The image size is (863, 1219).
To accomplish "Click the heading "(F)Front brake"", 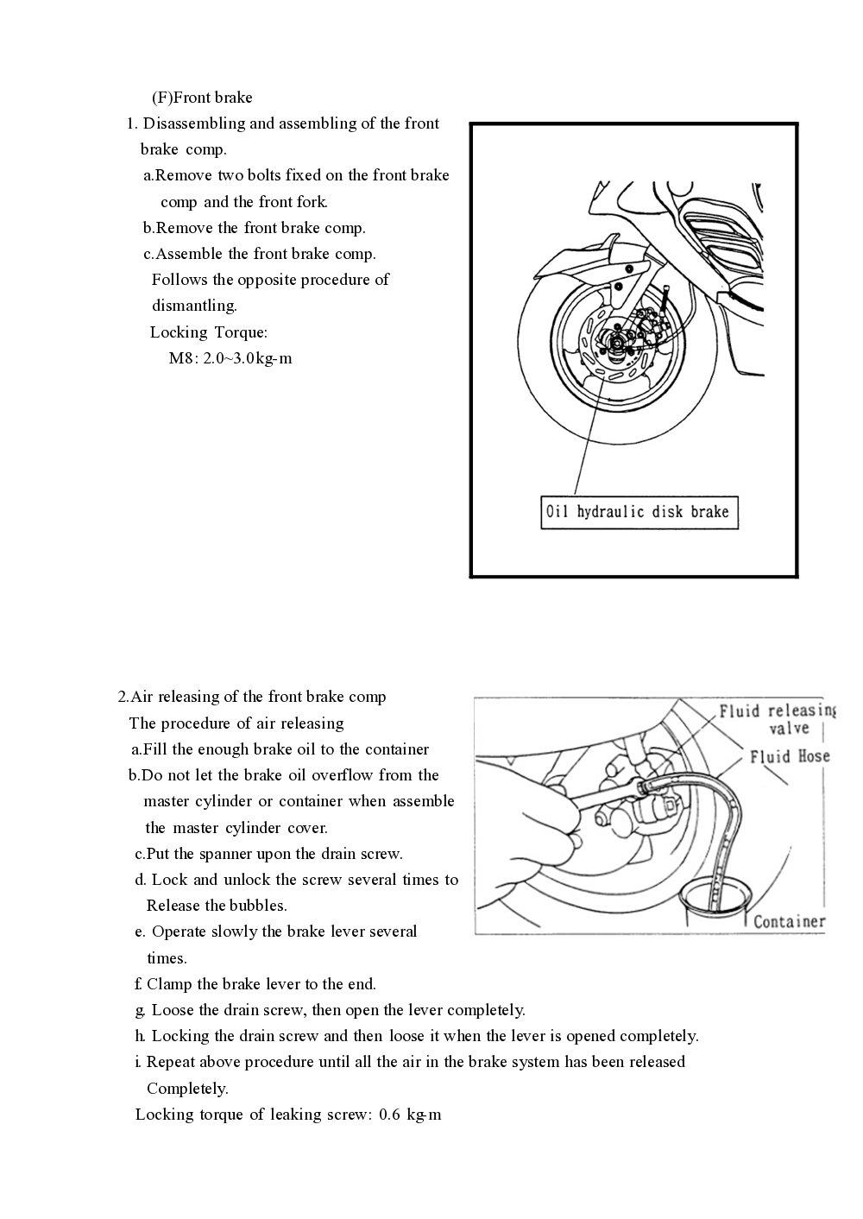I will coord(202,98).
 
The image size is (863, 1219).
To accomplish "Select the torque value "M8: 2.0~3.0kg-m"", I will coord(230,358).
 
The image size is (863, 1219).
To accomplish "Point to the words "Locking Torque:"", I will coord(209,332).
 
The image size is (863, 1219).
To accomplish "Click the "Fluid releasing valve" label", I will coord(777,719).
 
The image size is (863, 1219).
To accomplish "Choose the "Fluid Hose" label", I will coord(789,757).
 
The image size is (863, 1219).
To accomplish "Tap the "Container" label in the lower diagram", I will coord(789,921).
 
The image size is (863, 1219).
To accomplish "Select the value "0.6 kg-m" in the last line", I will coord(410,1115).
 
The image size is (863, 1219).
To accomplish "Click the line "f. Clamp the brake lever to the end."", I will coord(255,984).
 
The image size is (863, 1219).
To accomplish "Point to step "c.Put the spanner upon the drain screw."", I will coord(268,854).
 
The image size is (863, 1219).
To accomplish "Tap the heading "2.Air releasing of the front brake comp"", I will coord(252,697).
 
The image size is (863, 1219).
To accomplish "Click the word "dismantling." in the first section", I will coord(194,306).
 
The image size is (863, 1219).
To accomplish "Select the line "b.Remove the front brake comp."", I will coord(255,228).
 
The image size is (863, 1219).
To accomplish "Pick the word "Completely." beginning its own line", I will coord(187,1088).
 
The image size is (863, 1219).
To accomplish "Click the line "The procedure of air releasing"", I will coord(236,723).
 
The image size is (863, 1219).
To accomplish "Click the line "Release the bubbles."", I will coord(217,906).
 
